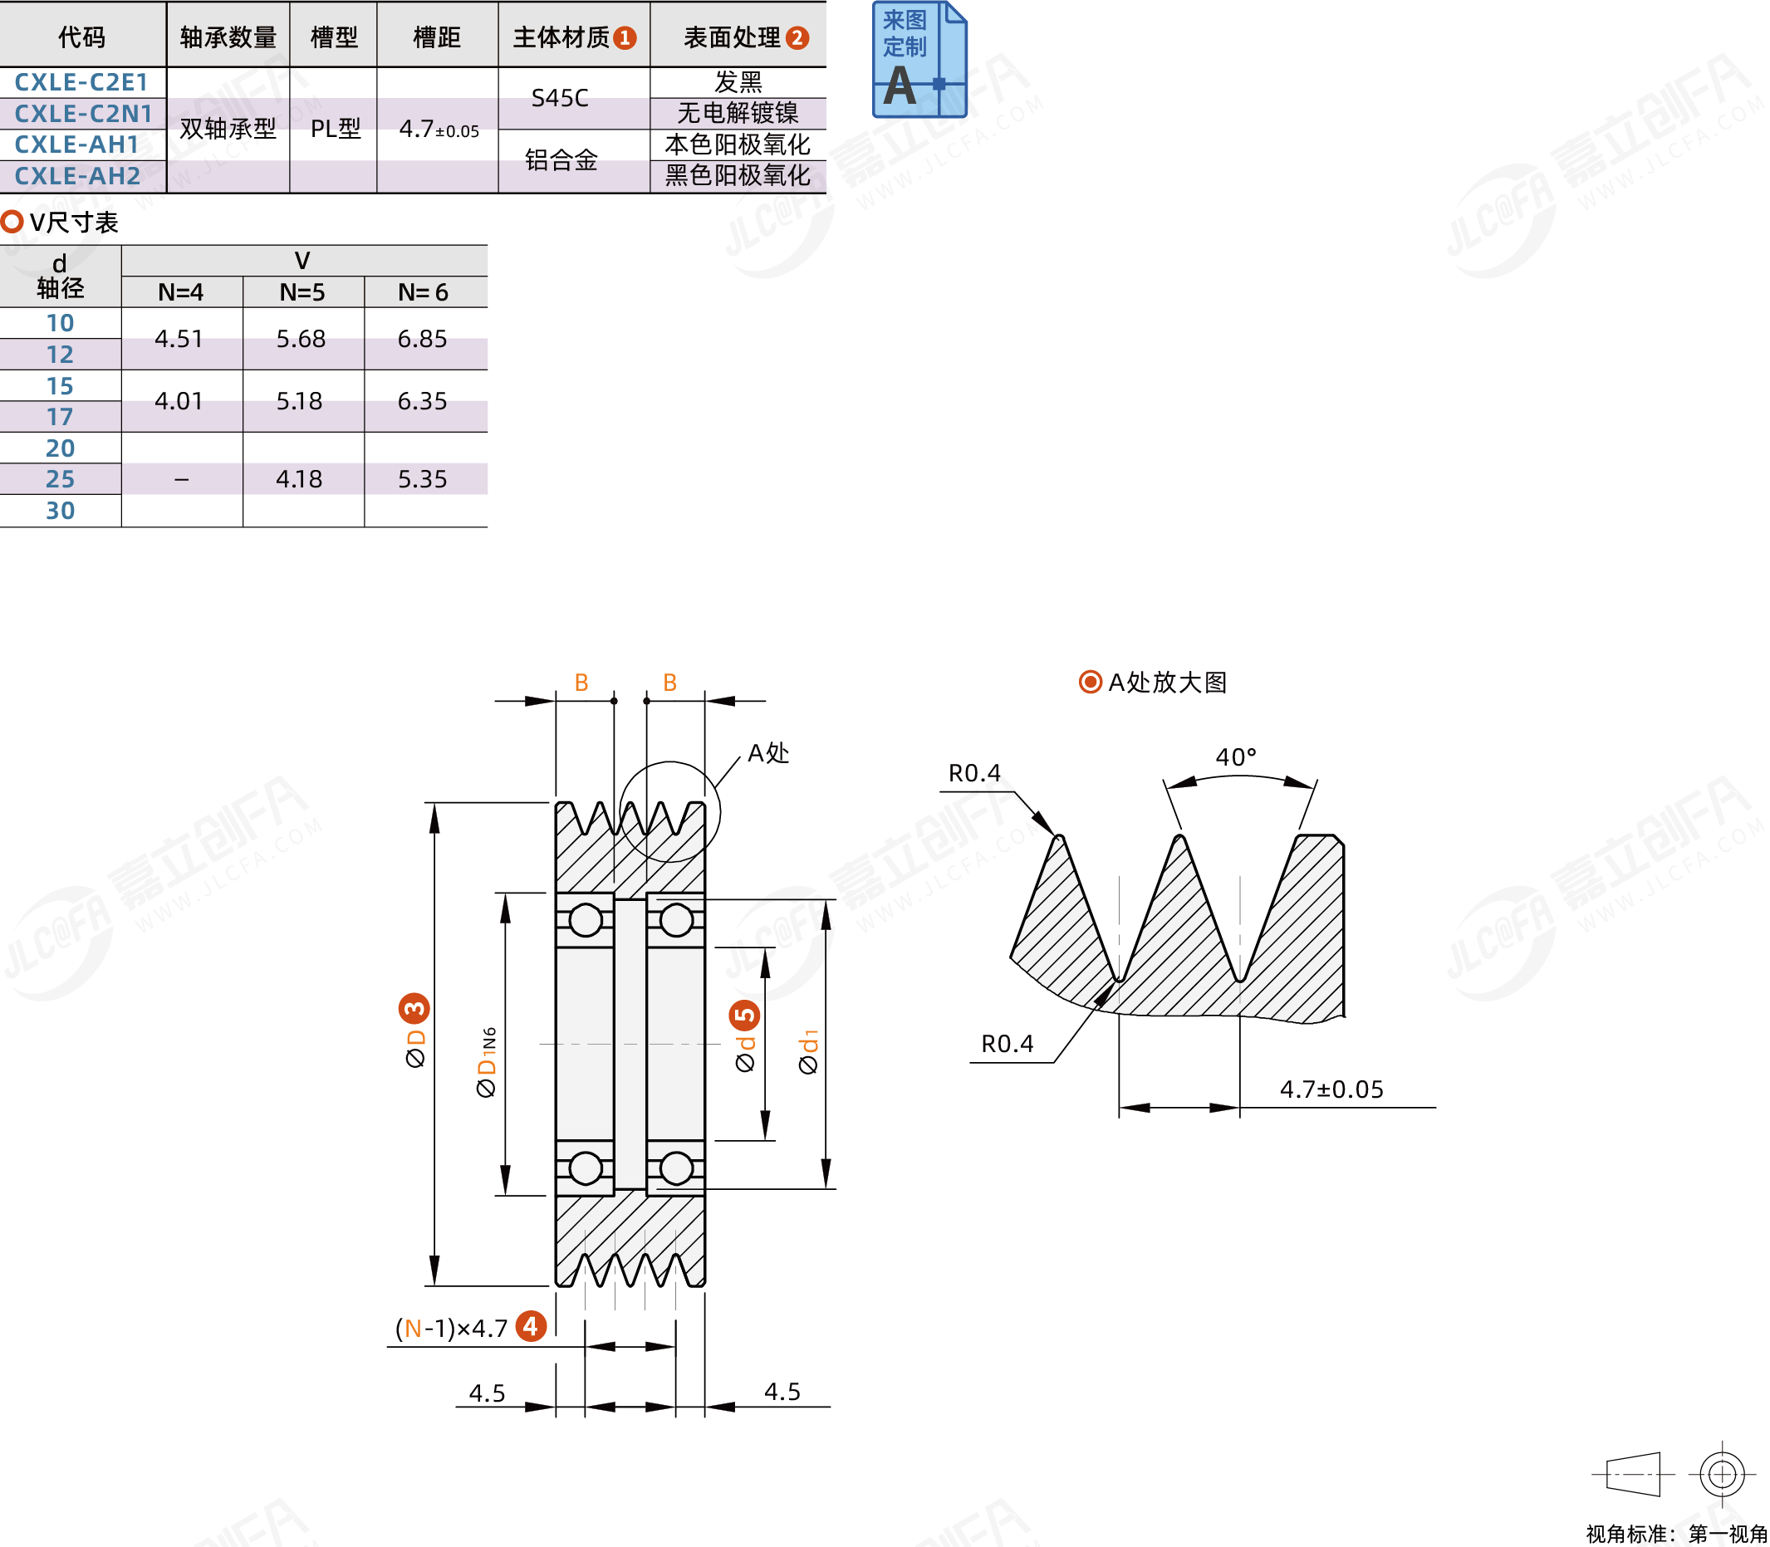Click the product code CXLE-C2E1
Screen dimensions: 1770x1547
tap(81, 82)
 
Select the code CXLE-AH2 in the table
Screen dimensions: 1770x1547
tap(78, 176)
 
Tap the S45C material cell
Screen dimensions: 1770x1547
tap(560, 97)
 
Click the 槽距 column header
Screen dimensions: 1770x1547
tap(437, 37)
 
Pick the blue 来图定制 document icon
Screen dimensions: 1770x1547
tap(919, 59)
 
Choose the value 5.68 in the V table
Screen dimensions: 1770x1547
tap(301, 339)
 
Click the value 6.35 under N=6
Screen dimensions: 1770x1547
tap(422, 401)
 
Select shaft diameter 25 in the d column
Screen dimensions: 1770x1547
tap(60, 479)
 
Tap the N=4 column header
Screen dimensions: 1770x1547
tap(180, 292)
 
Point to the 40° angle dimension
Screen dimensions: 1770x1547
tap(1236, 757)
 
